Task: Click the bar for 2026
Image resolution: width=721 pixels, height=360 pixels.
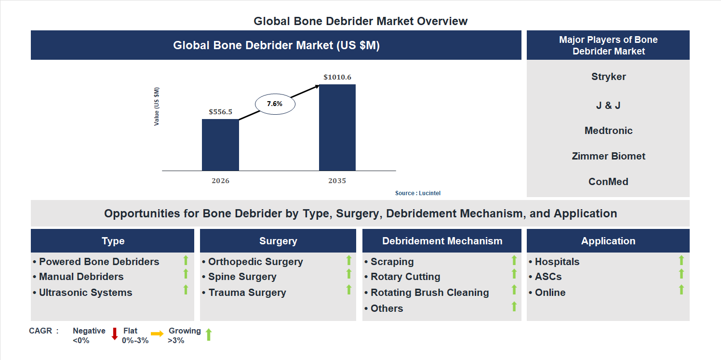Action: click(220, 145)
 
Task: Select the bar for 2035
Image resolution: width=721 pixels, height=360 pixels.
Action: click(337, 127)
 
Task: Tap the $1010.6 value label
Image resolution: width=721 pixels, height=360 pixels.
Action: click(337, 77)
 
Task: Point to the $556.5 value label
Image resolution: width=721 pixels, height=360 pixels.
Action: click(220, 112)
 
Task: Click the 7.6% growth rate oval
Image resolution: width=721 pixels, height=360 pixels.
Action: click(274, 104)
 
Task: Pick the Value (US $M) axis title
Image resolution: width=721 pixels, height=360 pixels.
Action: click(157, 107)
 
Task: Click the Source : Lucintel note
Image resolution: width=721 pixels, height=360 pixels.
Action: click(417, 193)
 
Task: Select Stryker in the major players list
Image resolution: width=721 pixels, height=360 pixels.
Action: click(608, 77)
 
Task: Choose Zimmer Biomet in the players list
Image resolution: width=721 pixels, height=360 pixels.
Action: click(608, 156)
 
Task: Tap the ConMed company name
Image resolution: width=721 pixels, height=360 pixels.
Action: click(608, 182)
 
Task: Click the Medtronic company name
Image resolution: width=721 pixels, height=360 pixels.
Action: click(608, 131)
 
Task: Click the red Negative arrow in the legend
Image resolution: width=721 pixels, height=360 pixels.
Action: click(115, 333)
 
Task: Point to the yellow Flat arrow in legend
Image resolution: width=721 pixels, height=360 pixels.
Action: click(157, 333)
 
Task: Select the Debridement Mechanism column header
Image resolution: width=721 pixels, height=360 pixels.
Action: click(442, 241)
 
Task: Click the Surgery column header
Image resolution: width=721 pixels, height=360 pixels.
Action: click(278, 241)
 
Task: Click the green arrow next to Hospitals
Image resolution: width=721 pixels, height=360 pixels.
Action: click(681, 260)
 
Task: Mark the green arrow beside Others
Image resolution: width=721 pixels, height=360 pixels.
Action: click(514, 306)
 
